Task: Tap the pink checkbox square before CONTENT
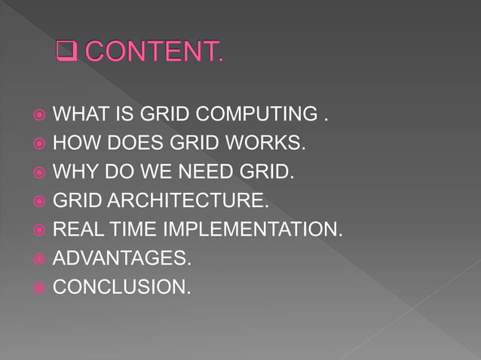point(68,53)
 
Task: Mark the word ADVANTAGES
point(121,259)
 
